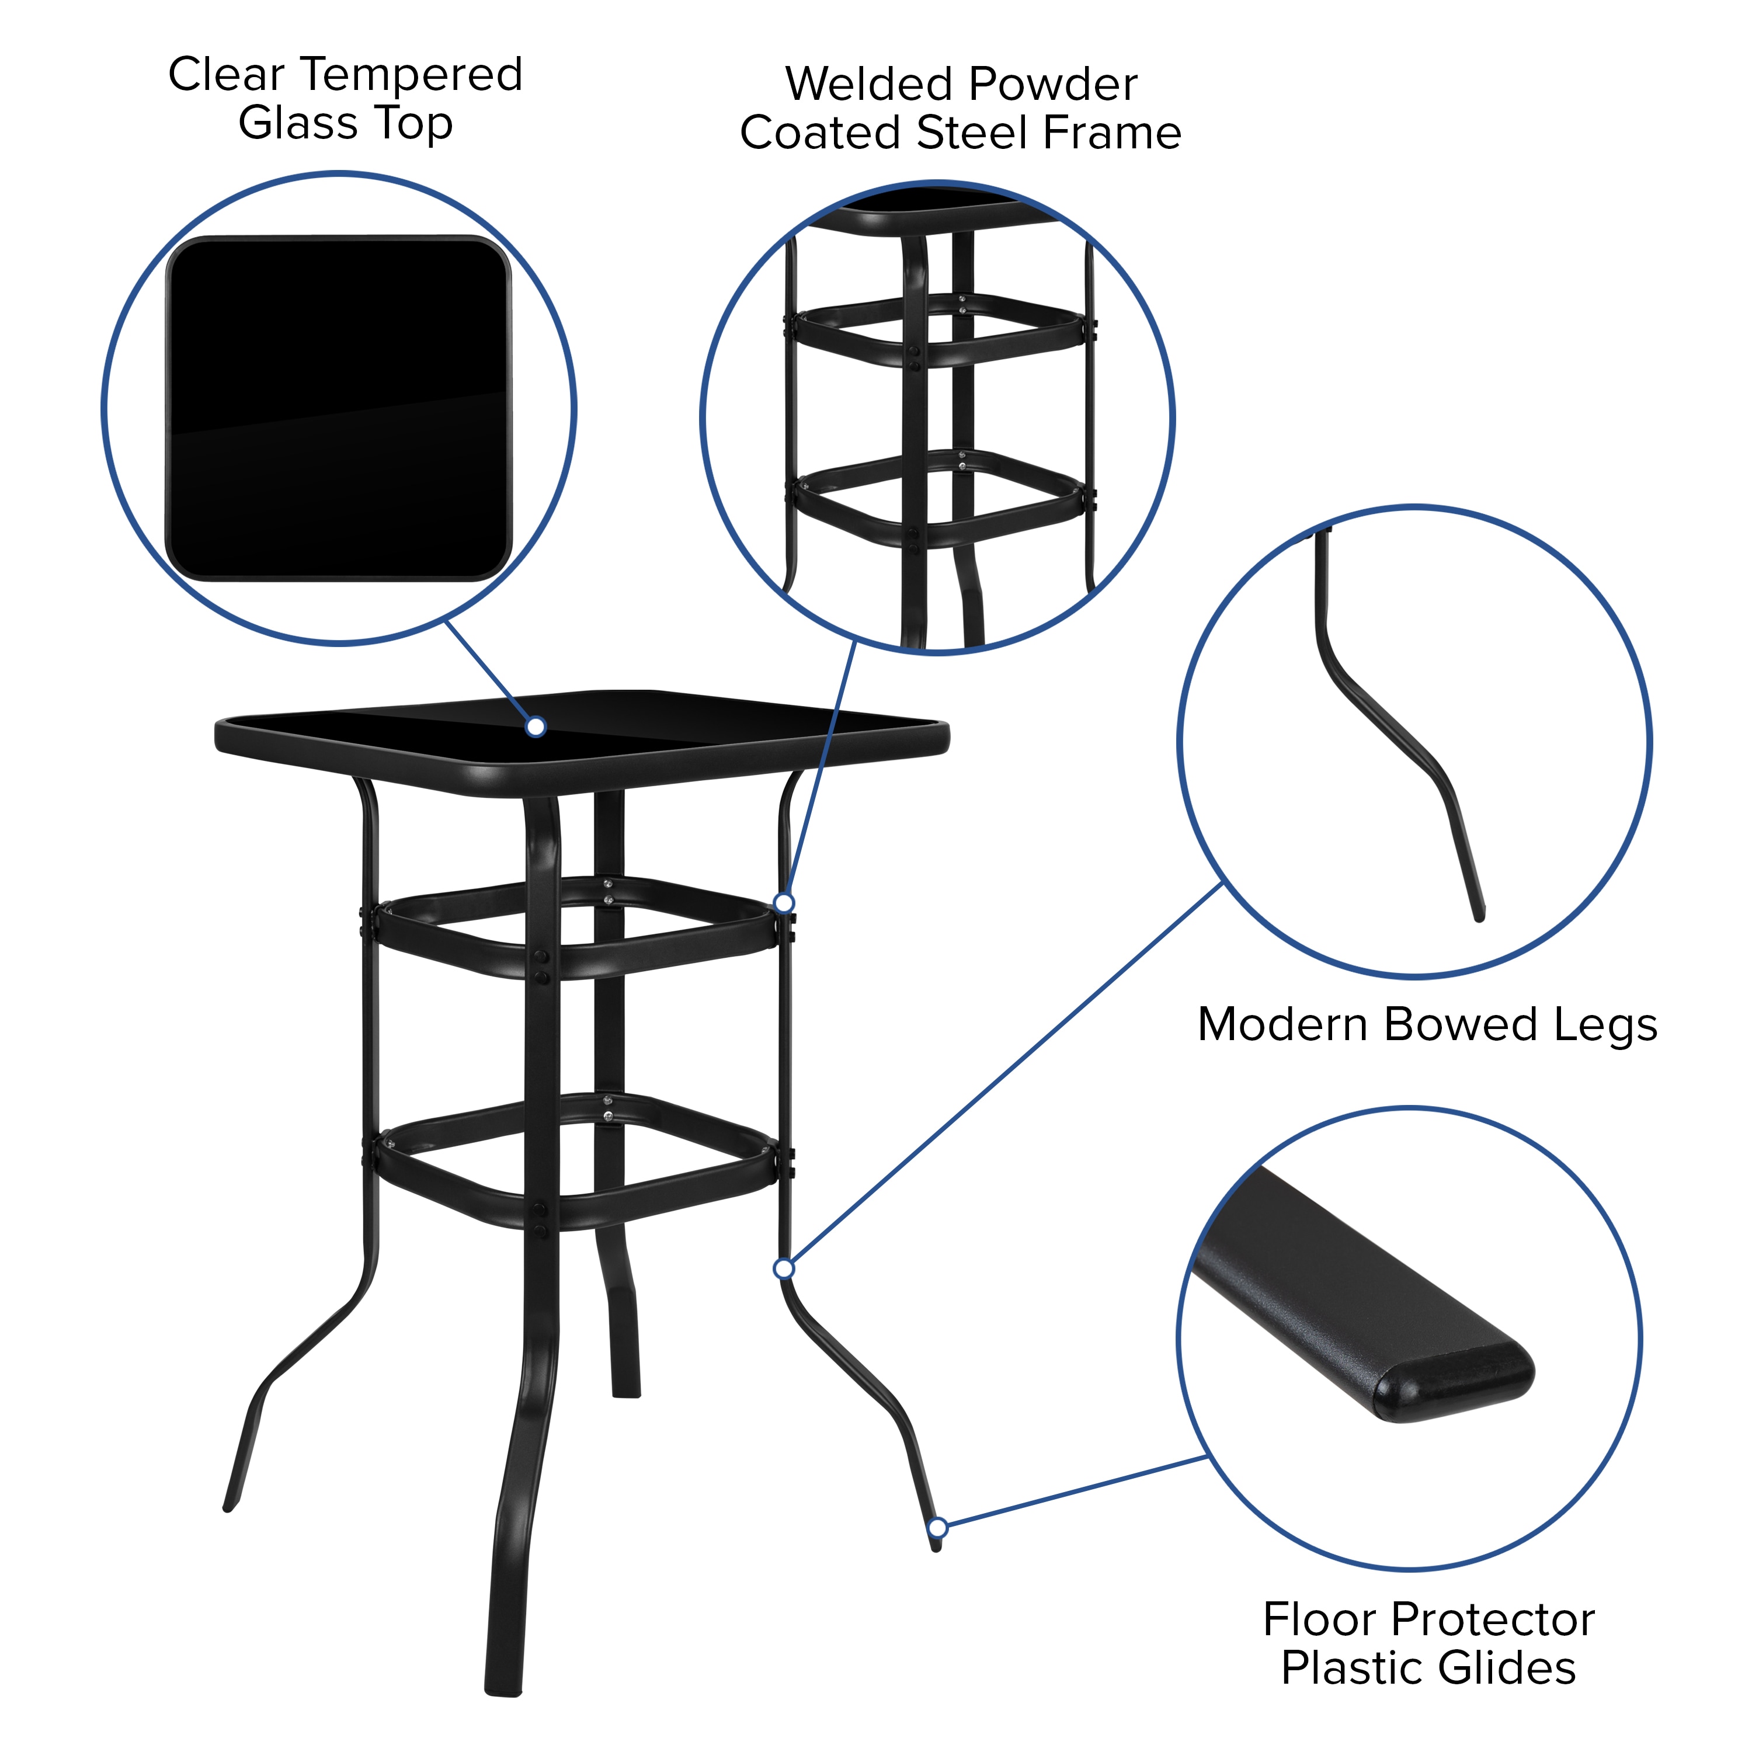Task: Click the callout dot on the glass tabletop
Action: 536,726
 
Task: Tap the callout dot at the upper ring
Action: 784,902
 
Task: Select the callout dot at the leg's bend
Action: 784,1268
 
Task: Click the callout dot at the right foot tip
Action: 938,1528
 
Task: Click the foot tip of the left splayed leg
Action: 230,1506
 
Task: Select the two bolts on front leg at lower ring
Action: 540,1221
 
